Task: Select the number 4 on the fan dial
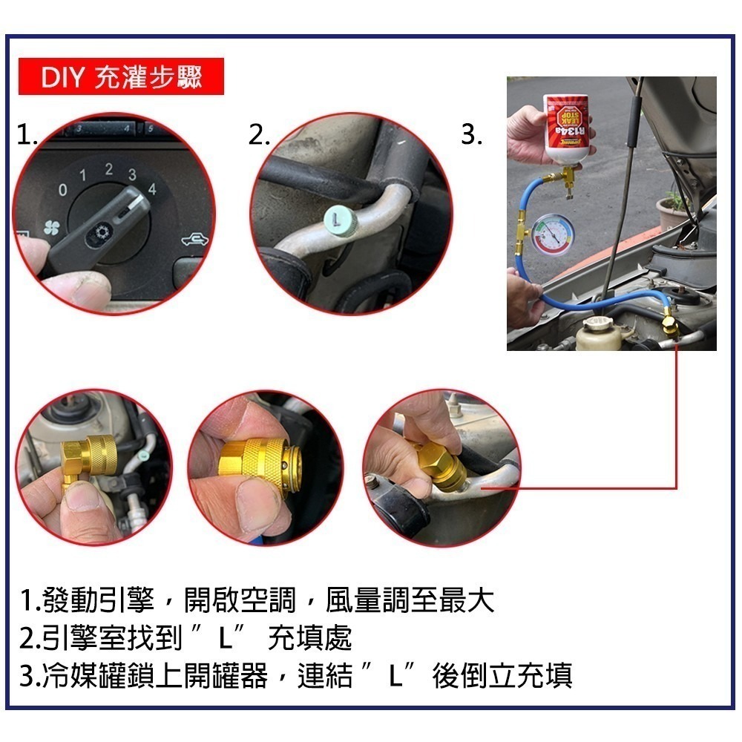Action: pos(152,188)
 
